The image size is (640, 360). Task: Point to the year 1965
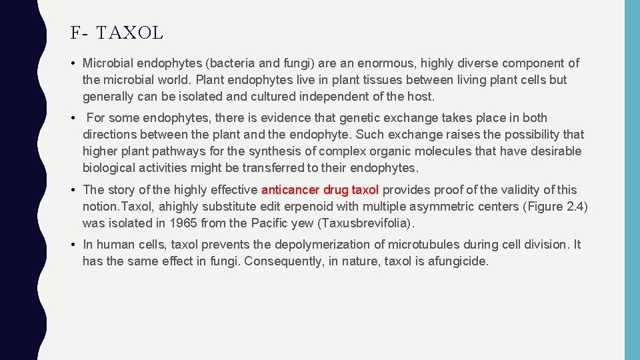(184, 223)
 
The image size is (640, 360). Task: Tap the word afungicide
(457, 261)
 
